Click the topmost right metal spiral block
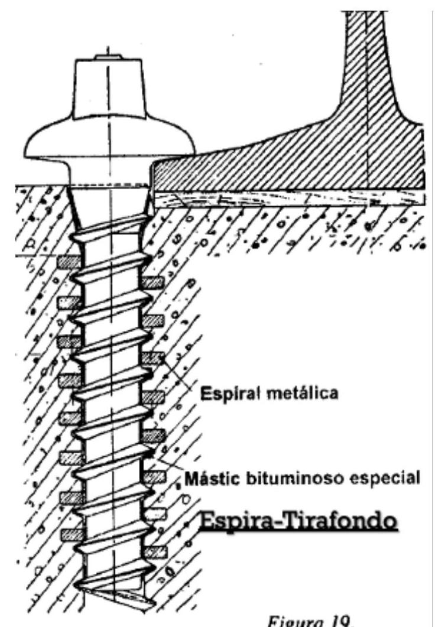(153, 282)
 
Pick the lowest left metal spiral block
(69, 534)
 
